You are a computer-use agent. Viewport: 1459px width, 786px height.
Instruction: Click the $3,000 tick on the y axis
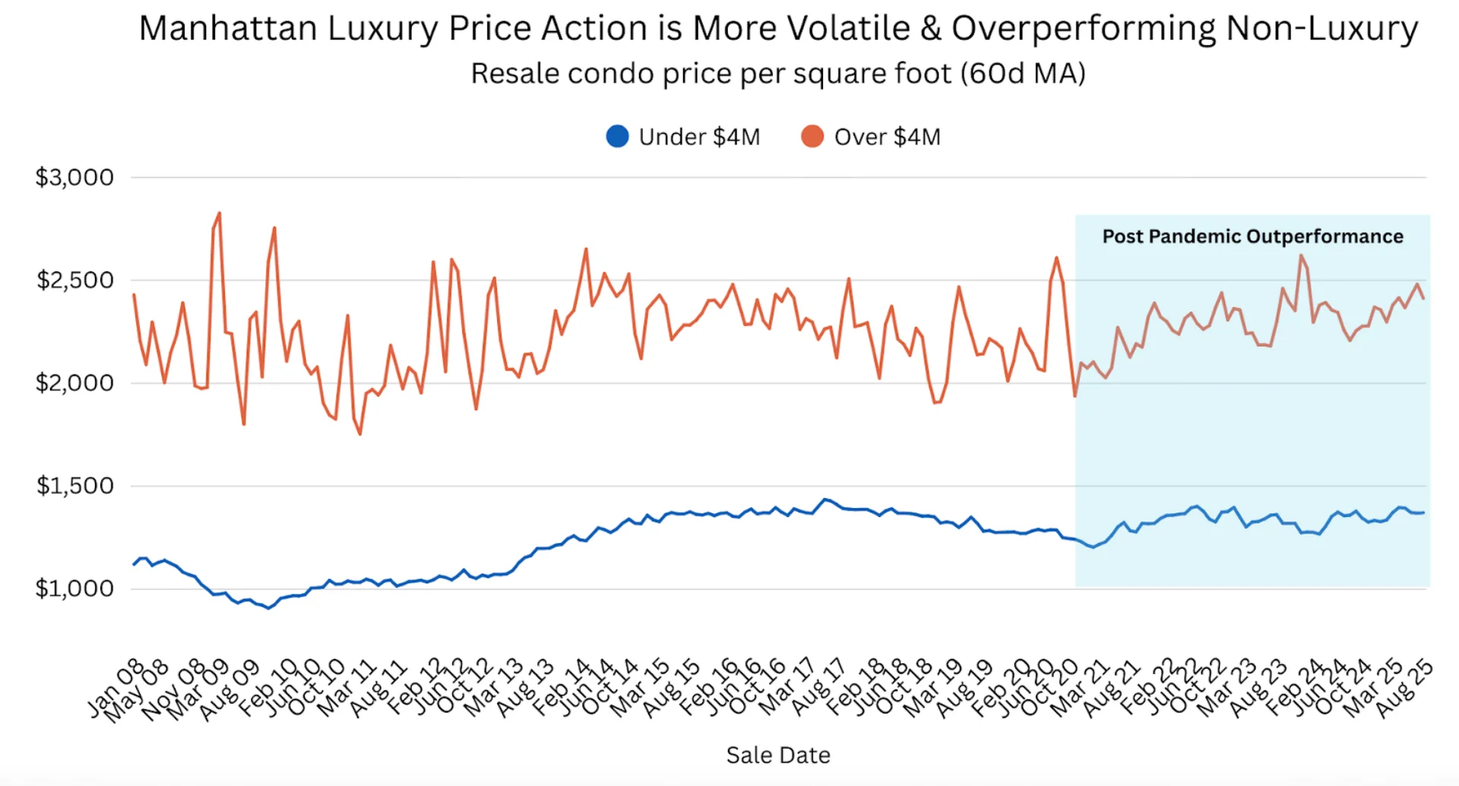(x=74, y=178)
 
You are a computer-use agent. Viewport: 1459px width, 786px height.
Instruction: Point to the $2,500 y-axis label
(x=74, y=280)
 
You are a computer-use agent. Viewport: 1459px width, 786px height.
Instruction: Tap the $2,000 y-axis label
(x=74, y=383)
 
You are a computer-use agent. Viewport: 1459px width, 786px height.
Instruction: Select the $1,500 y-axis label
(x=74, y=486)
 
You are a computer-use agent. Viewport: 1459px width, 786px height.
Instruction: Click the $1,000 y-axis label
(x=74, y=589)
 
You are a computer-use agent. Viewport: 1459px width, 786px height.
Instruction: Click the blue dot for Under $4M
(x=617, y=137)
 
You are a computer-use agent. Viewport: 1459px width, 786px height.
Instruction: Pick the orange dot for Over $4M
(x=812, y=137)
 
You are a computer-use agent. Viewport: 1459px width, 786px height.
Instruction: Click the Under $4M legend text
(x=699, y=137)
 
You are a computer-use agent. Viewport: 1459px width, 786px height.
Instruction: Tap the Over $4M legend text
(x=887, y=137)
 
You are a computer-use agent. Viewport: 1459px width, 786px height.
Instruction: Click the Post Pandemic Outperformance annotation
(x=1252, y=237)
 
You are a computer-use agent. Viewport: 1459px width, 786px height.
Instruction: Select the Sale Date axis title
(x=778, y=755)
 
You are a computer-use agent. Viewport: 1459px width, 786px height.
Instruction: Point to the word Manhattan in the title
(x=228, y=29)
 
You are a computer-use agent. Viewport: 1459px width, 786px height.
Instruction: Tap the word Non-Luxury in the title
(x=1321, y=29)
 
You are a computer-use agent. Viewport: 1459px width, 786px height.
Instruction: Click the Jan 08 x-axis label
(x=116, y=688)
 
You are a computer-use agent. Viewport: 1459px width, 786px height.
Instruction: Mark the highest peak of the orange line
(x=220, y=213)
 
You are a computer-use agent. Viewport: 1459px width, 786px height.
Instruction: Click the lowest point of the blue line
(x=268, y=608)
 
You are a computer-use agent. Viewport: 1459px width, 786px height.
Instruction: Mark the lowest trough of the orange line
(x=359, y=434)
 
